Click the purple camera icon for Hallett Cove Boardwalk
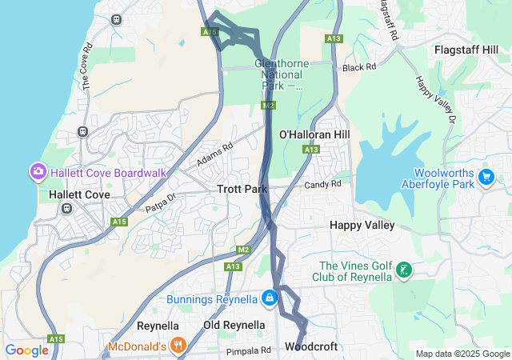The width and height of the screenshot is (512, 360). [38, 172]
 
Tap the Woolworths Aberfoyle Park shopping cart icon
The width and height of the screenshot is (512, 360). [486, 176]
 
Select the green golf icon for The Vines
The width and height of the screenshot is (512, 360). [405, 271]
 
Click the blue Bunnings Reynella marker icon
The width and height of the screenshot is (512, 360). [270, 298]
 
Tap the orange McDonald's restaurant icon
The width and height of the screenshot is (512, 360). [178, 346]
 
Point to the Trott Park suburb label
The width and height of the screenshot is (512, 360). [242, 190]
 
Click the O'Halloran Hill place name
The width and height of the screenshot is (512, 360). [314, 134]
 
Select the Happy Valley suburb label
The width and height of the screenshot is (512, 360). [362, 226]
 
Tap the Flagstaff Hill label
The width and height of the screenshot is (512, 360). [466, 50]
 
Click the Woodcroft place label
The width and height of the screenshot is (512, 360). [311, 347]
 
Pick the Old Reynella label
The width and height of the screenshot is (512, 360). [234, 326]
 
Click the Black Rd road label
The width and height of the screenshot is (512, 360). [359, 67]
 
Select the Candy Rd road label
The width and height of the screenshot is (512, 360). [322, 184]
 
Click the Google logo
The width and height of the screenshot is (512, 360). [26, 350]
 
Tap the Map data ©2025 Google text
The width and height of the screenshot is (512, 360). [462, 354]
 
